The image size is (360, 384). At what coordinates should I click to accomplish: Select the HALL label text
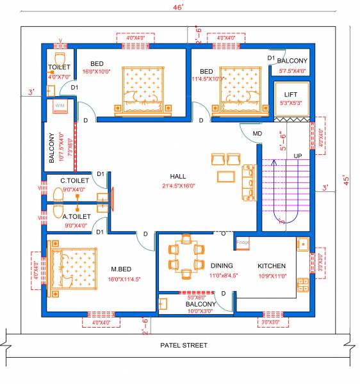[179, 176]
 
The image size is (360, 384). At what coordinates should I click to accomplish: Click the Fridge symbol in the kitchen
[243, 243]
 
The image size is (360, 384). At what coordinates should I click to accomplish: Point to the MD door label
[258, 134]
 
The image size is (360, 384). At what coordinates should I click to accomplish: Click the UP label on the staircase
[298, 156]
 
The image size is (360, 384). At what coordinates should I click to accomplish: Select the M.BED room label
[122, 269]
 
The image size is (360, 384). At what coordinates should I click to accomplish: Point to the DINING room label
[222, 265]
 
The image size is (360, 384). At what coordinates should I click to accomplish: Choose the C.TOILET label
[74, 180]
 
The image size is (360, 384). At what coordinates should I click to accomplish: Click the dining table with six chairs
[184, 257]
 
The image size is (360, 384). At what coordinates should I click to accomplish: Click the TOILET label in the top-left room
[60, 67]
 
